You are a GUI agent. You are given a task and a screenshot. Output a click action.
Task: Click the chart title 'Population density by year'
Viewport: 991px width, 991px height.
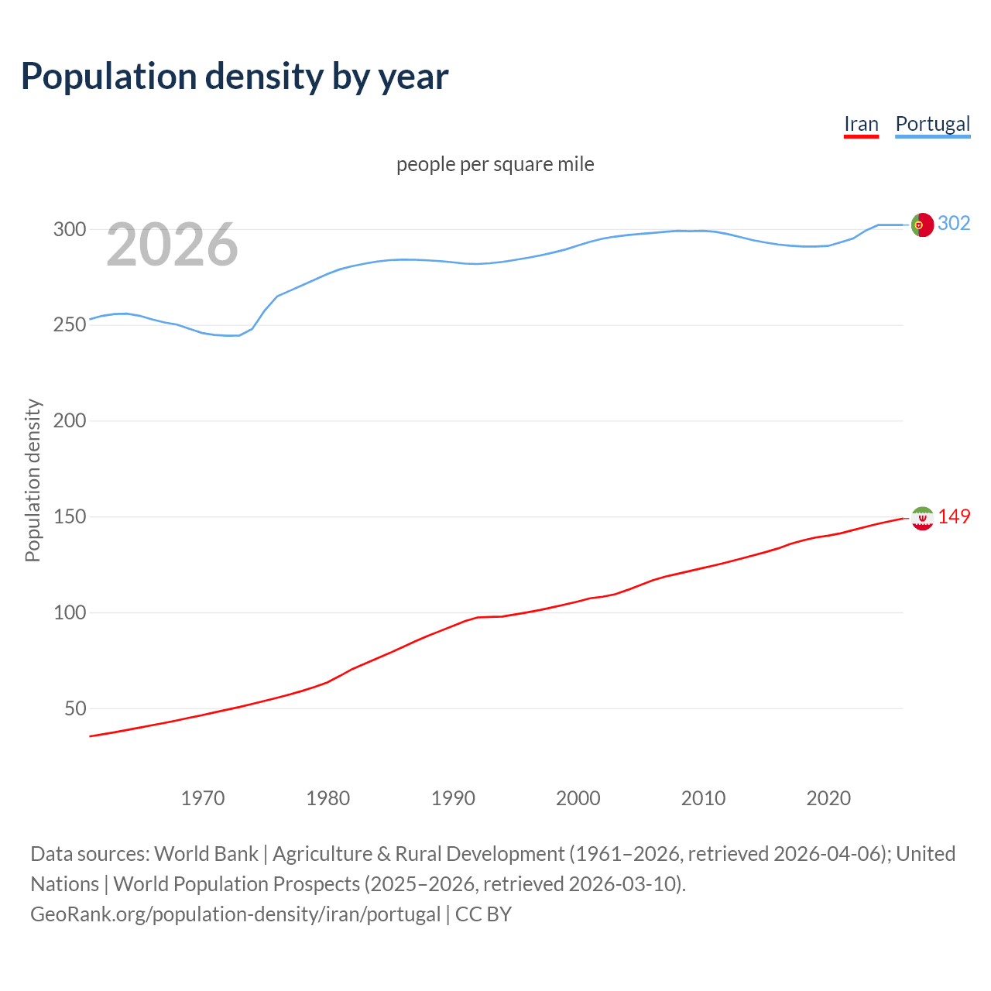pos(235,77)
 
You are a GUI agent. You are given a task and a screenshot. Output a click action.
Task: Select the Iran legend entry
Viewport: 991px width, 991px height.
pos(861,125)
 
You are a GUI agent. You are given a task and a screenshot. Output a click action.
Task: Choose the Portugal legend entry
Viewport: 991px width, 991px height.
pos(932,125)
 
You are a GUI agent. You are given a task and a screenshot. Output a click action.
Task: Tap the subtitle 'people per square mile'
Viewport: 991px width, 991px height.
pos(495,164)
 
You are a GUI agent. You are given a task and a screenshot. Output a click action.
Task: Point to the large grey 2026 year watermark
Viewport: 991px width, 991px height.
pos(172,245)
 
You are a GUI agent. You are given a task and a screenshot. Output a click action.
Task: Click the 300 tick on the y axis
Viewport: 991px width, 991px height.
pos(69,229)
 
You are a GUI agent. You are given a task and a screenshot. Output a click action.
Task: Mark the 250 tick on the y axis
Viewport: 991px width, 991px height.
pos(69,325)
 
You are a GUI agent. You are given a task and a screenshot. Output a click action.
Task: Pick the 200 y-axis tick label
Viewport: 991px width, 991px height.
pos(69,421)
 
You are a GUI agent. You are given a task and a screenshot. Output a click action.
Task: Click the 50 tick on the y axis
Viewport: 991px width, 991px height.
pos(75,708)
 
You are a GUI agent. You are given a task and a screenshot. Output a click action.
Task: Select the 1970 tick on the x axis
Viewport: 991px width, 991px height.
pos(203,798)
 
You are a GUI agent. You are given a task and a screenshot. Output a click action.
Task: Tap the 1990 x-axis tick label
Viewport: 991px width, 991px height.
pos(453,798)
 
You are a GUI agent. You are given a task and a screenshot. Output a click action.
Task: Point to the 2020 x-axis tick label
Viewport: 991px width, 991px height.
pos(828,798)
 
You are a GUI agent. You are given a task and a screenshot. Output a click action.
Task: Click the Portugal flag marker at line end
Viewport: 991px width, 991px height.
pos(922,225)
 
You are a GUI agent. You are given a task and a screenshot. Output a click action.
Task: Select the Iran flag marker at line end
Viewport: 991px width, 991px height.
pos(922,518)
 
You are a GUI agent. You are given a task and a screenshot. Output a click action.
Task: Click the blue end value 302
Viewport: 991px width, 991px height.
pos(954,224)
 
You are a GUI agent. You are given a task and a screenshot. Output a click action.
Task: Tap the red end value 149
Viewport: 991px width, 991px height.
pos(954,516)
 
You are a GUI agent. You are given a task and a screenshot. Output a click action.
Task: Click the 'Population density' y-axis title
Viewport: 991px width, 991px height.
pos(33,480)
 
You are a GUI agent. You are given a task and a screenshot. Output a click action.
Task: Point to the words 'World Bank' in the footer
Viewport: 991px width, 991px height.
pos(206,854)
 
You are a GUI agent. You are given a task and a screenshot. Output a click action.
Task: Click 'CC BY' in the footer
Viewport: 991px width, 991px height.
pos(483,914)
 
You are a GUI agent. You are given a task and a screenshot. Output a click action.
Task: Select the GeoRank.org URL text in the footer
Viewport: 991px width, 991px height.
pos(235,914)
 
